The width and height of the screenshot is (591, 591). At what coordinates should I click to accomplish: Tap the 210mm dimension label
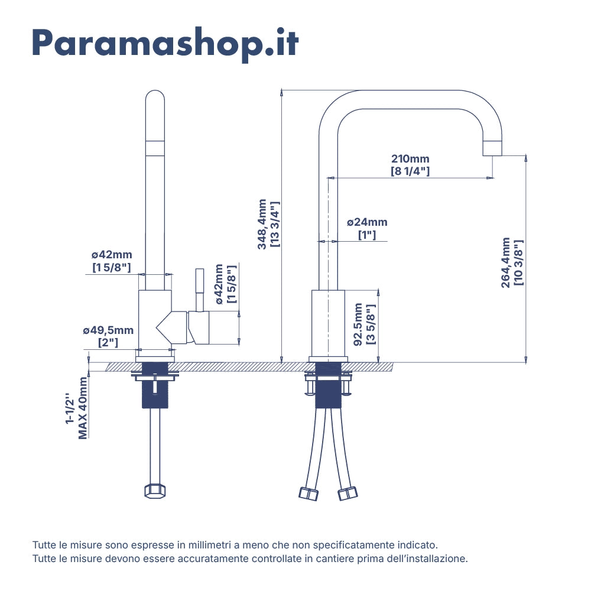(x=410, y=159)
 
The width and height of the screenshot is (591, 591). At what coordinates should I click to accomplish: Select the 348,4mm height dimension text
(x=262, y=224)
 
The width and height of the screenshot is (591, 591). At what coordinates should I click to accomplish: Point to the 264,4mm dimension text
(x=505, y=263)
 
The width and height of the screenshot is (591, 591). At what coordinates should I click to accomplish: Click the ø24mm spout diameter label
(x=367, y=222)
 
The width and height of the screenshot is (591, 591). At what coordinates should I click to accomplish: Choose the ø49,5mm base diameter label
(x=108, y=330)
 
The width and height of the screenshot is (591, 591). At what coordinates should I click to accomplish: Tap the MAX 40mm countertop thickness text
(x=83, y=408)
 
